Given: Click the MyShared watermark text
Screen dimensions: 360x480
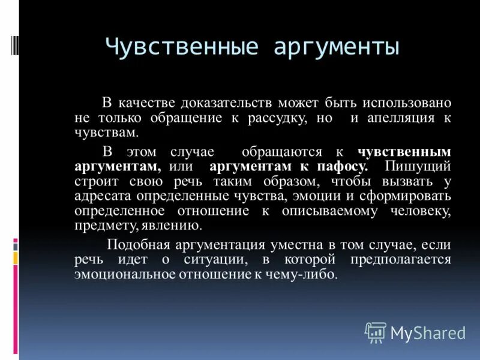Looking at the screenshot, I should pyautogui.click(x=428, y=333).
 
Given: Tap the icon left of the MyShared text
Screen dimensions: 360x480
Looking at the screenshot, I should pyautogui.click(x=376, y=332).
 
